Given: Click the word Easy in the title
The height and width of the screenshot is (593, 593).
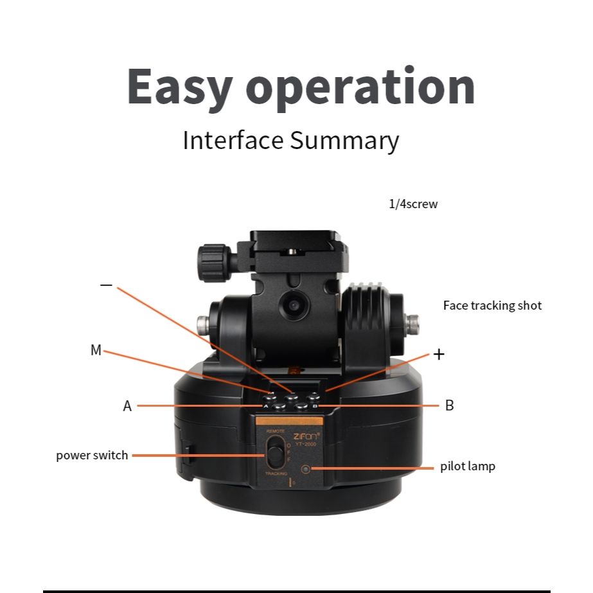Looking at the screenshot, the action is pyautogui.click(x=178, y=87).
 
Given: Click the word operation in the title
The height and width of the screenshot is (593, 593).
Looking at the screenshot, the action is pyautogui.click(x=360, y=87).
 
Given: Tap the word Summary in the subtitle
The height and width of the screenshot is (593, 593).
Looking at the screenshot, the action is pyautogui.click(x=344, y=139).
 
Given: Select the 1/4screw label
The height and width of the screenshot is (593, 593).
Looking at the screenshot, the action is pyautogui.click(x=413, y=204).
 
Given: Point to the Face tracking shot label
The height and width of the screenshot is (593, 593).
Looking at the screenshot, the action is pyautogui.click(x=492, y=305).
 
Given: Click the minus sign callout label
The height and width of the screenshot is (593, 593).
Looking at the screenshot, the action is pyautogui.click(x=107, y=285).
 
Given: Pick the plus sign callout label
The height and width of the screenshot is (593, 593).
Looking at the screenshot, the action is pyautogui.click(x=439, y=354).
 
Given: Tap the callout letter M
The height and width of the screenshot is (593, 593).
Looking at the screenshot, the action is pyautogui.click(x=96, y=350).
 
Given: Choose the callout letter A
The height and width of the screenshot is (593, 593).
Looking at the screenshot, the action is pyautogui.click(x=127, y=406).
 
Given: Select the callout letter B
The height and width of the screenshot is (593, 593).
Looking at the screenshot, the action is pyautogui.click(x=450, y=405).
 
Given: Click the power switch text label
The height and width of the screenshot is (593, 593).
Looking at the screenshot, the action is pyautogui.click(x=92, y=456).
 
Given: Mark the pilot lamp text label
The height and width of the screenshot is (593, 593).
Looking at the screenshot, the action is pyautogui.click(x=468, y=466).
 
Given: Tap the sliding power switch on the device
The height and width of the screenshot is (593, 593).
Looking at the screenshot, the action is pyautogui.click(x=275, y=452).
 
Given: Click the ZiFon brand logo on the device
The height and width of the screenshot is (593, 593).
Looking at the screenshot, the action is pyautogui.click(x=305, y=435).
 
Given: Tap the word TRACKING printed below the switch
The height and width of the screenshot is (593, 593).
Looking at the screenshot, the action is pyautogui.click(x=276, y=474).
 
